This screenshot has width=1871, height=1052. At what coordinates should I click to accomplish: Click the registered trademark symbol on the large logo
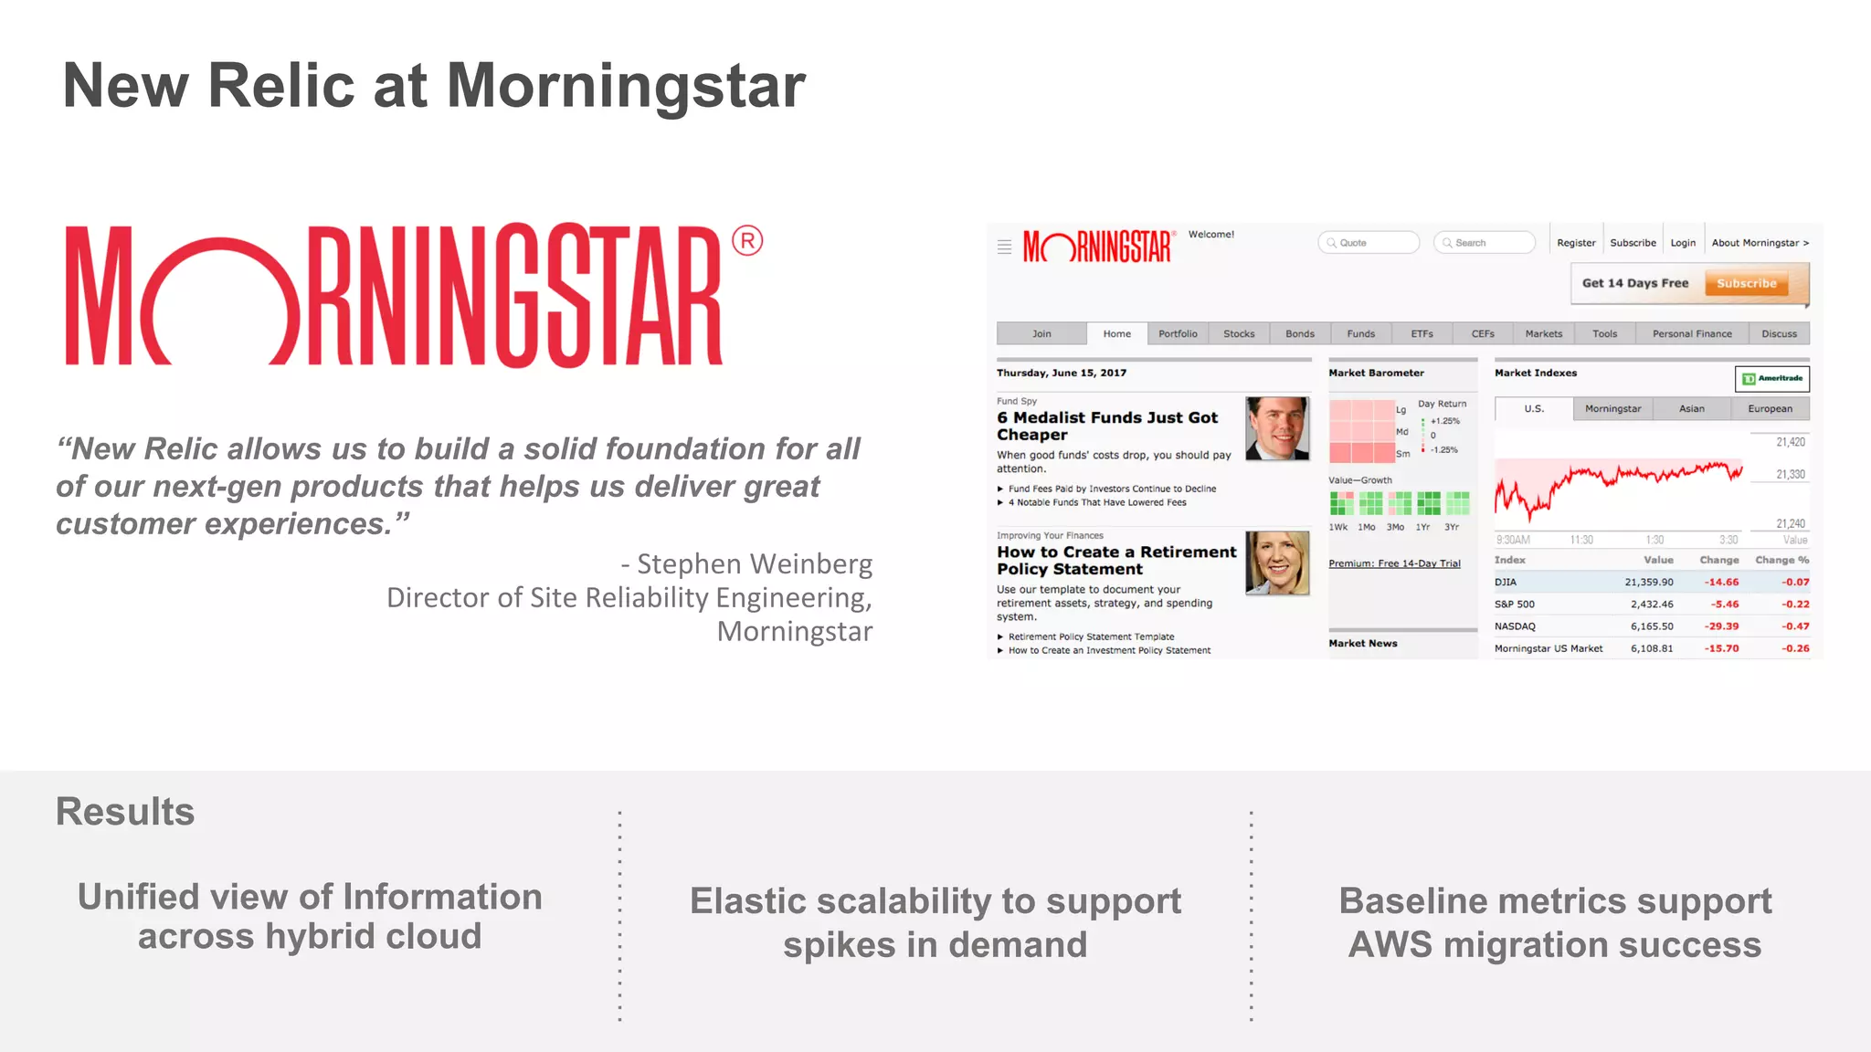pos(747,241)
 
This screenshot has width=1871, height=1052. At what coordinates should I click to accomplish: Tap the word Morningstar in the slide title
pos(626,86)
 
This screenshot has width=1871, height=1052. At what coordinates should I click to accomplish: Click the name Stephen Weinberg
pos(755,563)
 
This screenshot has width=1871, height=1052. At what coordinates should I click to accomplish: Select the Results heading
pos(125,812)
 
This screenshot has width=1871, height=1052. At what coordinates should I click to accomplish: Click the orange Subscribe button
pos(1746,283)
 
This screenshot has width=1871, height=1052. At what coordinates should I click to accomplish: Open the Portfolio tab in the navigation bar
pos(1178,334)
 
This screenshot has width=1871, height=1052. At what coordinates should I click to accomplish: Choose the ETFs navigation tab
pos(1422,334)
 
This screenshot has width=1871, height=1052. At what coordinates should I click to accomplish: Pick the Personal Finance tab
pos(1692,334)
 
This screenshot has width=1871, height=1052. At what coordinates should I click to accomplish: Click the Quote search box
pos(1369,243)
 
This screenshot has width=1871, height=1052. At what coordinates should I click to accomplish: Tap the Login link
pos(1683,243)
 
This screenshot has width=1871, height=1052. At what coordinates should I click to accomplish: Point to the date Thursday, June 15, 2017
pos(1062,373)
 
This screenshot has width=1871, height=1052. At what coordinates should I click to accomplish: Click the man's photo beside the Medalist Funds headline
pos(1277,428)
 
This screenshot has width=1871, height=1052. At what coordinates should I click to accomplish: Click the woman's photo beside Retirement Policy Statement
pos(1277,563)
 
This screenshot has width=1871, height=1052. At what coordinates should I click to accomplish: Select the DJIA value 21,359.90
pos(1649,582)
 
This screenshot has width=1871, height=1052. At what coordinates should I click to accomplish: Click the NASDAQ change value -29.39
pos(1721,626)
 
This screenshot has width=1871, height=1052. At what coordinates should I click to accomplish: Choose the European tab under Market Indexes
pos(1770,409)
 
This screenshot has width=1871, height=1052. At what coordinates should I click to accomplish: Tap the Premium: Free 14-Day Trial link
pos(1394,563)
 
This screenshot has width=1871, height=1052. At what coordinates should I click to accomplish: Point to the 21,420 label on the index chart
pos(1791,442)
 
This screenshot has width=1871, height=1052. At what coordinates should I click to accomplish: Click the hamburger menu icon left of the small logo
pos(1004,247)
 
